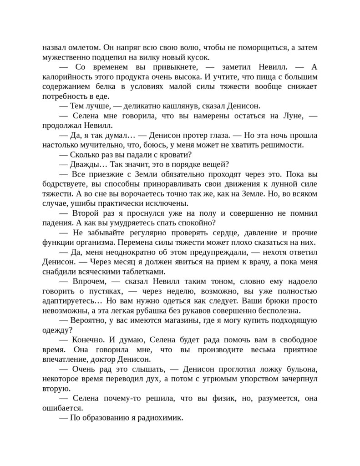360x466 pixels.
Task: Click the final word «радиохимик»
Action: tap(161, 418)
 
